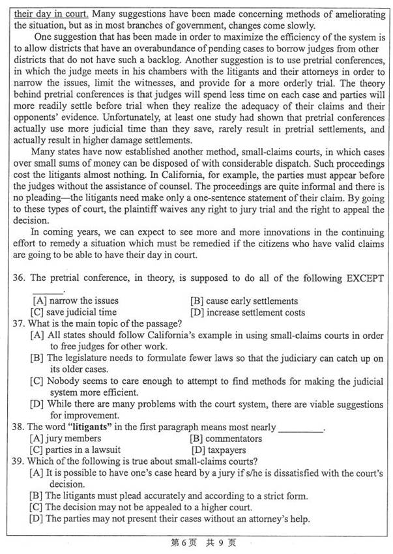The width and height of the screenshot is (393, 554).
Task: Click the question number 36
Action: click(19, 278)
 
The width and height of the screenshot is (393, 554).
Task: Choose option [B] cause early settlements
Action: click(244, 301)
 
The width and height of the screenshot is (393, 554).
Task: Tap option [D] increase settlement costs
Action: click(247, 312)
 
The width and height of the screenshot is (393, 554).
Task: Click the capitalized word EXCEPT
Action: click(360, 278)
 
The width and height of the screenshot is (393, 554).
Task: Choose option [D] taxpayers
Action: click(218, 450)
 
